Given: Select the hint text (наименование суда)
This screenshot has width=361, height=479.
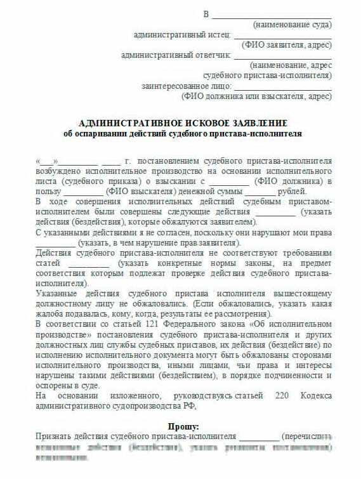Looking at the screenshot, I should [x=292, y=25].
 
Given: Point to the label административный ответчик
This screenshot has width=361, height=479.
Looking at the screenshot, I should [x=176, y=55].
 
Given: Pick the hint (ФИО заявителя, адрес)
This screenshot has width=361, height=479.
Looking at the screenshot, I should [x=287, y=45].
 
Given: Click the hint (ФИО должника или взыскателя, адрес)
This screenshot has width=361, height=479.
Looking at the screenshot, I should [x=256, y=96].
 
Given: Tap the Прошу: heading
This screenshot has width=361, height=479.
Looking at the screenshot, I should [x=183, y=426].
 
